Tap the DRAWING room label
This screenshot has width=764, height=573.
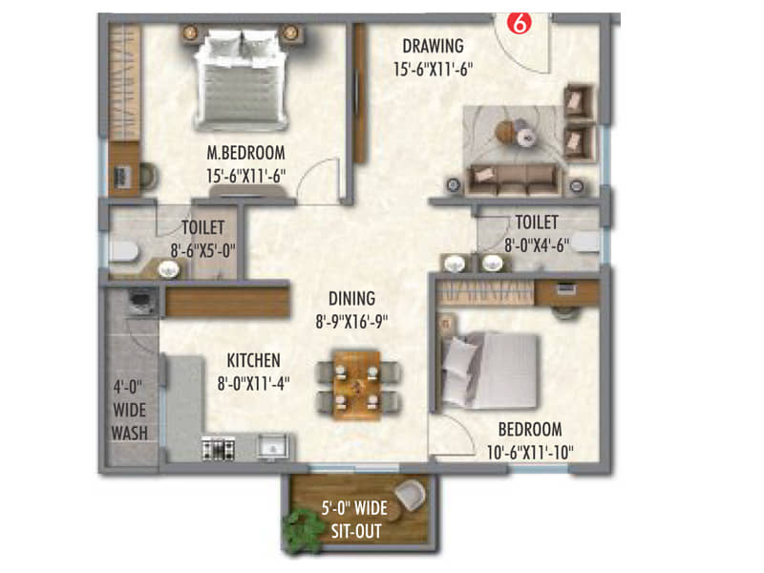click(433, 45)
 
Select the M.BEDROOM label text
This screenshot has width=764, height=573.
click(247, 152)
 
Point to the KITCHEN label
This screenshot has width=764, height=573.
click(253, 360)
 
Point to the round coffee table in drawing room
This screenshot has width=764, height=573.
click(524, 138)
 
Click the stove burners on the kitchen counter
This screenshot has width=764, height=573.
click(221, 447)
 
